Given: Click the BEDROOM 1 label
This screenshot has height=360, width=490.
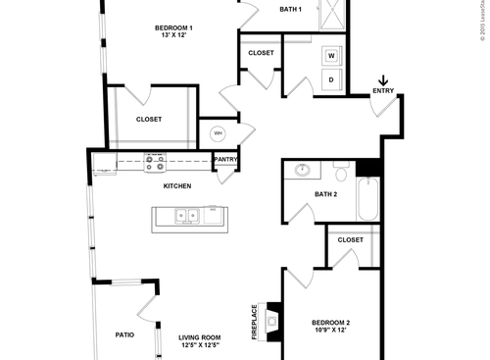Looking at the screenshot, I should pyautogui.click(x=172, y=28).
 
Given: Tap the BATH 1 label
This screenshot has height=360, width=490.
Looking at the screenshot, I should pyautogui.click(x=290, y=9).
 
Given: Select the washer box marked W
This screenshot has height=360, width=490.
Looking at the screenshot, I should pyautogui.click(x=331, y=56).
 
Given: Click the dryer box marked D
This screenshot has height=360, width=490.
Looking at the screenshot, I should pyautogui.click(x=331, y=79).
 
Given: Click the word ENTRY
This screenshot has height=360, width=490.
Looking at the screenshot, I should pyautogui.click(x=383, y=92).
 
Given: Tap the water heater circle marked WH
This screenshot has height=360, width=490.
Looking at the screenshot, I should pyautogui.click(x=218, y=132).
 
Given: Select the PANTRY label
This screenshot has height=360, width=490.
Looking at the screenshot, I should pyautogui.click(x=225, y=159).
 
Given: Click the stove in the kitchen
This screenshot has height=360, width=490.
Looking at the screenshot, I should pyautogui.click(x=154, y=161).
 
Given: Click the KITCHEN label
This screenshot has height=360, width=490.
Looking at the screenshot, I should pyautogui.click(x=177, y=185).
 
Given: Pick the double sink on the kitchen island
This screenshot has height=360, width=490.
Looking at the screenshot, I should pyautogui.click(x=184, y=216).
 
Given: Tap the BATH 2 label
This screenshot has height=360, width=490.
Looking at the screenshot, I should pyautogui.click(x=326, y=194).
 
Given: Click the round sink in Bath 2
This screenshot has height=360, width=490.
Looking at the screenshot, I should pyautogui.click(x=303, y=170).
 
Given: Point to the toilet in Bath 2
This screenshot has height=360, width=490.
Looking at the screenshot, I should pyautogui.click(x=340, y=173).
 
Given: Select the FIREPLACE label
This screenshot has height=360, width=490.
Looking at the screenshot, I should pyautogui.click(x=254, y=321).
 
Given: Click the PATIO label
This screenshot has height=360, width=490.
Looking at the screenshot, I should pyautogui.click(x=123, y=334).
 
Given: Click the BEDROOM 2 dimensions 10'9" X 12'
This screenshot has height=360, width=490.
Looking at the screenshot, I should pyautogui.click(x=330, y=331).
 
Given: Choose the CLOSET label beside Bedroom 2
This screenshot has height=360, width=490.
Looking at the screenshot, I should pyautogui.click(x=350, y=239).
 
